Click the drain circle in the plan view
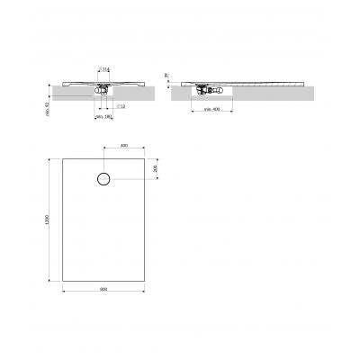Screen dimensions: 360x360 tap(103, 178)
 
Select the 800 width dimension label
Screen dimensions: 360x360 tap(103, 288)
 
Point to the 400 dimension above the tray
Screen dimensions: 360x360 tap(123, 145)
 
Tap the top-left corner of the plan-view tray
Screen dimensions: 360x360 tap(63, 156)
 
